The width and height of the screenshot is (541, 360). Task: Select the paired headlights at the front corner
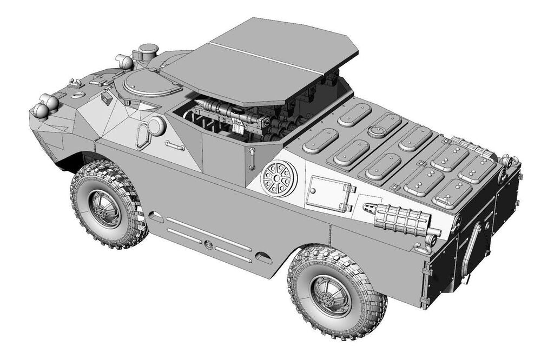pyautogui.click(x=45, y=105)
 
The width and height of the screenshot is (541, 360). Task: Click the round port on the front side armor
pyautogui.click(x=156, y=126)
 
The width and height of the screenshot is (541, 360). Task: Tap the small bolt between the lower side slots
pyautogui.click(x=208, y=244)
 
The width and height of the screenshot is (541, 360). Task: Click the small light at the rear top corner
pyautogui.click(x=507, y=161)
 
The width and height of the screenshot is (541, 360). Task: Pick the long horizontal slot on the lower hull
pyautogui.click(x=208, y=234)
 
